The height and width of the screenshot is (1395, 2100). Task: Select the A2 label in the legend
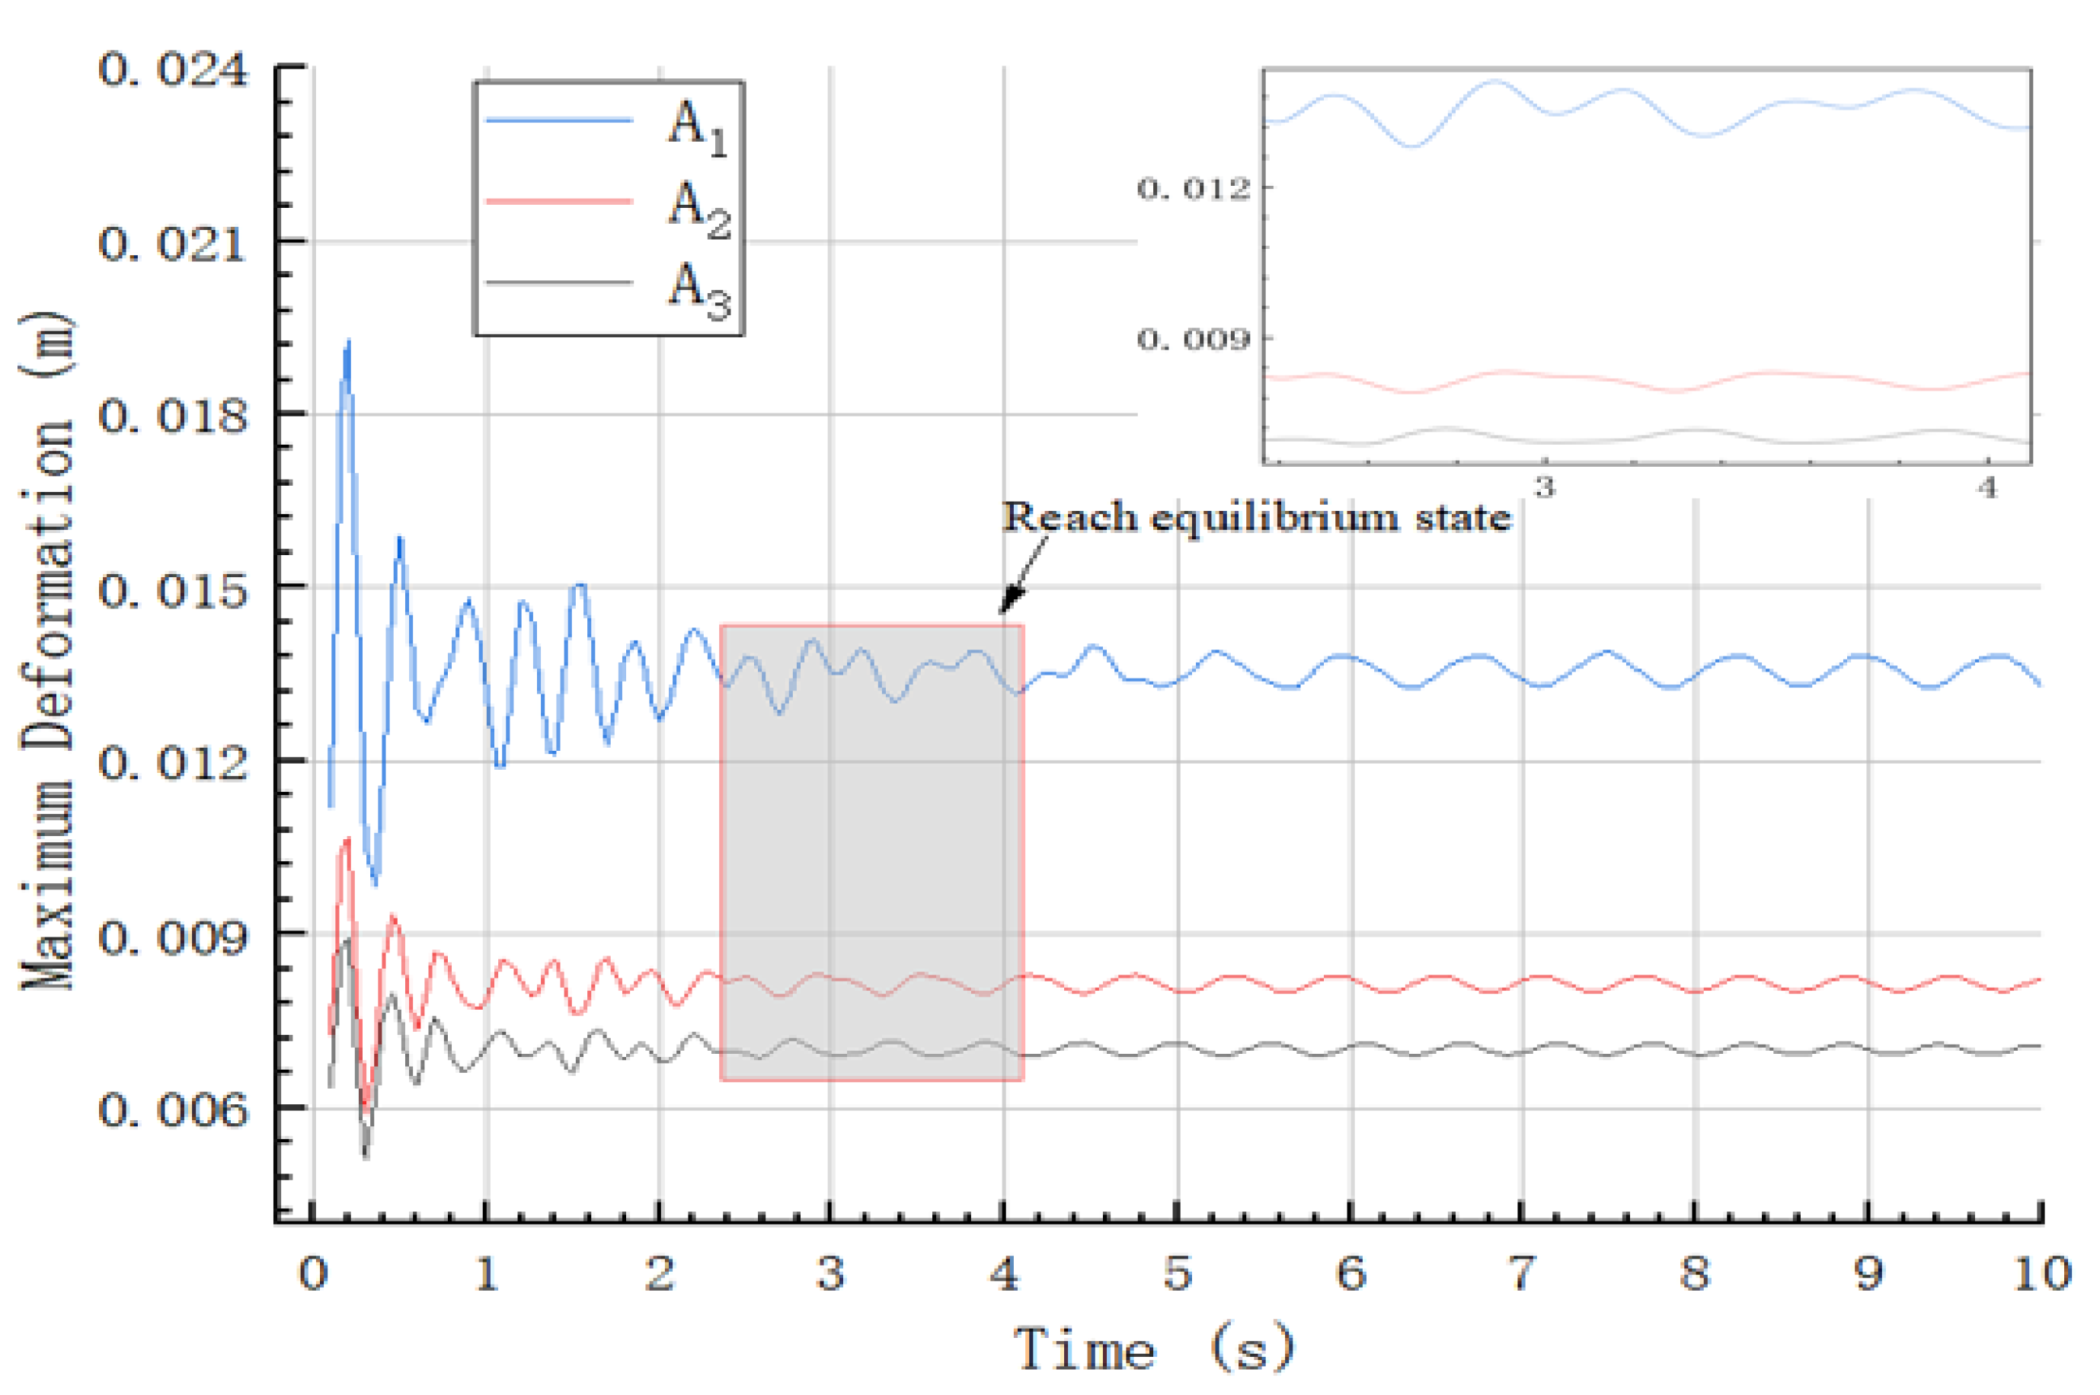click(x=698, y=207)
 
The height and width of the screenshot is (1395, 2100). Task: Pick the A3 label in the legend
click(x=698, y=289)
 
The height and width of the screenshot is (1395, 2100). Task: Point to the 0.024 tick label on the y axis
click(x=171, y=69)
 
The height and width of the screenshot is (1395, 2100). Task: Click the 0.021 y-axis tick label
click(x=171, y=242)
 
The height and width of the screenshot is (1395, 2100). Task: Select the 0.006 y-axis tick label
click(x=171, y=1109)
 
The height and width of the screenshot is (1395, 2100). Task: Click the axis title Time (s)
click(x=1153, y=1349)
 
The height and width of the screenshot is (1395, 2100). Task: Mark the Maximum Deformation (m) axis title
click(x=46, y=650)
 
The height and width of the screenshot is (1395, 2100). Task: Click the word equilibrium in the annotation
click(x=1275, y=517)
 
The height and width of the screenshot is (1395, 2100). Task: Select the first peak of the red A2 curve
click(x=346, y=839)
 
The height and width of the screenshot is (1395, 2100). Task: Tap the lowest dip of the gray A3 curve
click(x=365, y=1157)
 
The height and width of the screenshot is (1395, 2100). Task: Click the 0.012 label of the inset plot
click(x=1194, y=188)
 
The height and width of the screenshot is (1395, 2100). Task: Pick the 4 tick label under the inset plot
click(x=1988, y=487)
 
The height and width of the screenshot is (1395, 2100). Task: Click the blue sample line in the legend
click(x=559, y=120)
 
